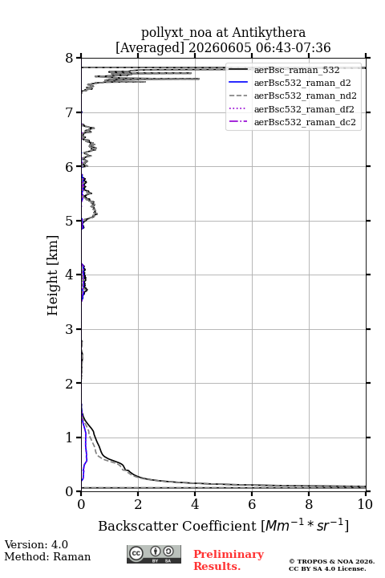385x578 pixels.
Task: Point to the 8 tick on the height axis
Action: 70,59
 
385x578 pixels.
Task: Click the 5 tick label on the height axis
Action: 70,221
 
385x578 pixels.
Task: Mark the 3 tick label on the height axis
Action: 70,329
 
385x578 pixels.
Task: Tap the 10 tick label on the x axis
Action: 365,504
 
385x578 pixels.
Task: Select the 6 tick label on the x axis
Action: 252,504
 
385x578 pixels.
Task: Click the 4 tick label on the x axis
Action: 195,504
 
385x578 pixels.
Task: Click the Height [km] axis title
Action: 53,275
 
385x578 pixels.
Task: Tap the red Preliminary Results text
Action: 229,560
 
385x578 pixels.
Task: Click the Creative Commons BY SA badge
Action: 154,554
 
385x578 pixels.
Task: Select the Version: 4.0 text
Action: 36,544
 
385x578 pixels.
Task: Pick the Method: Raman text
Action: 47,556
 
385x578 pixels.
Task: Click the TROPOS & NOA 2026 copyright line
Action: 331,561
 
